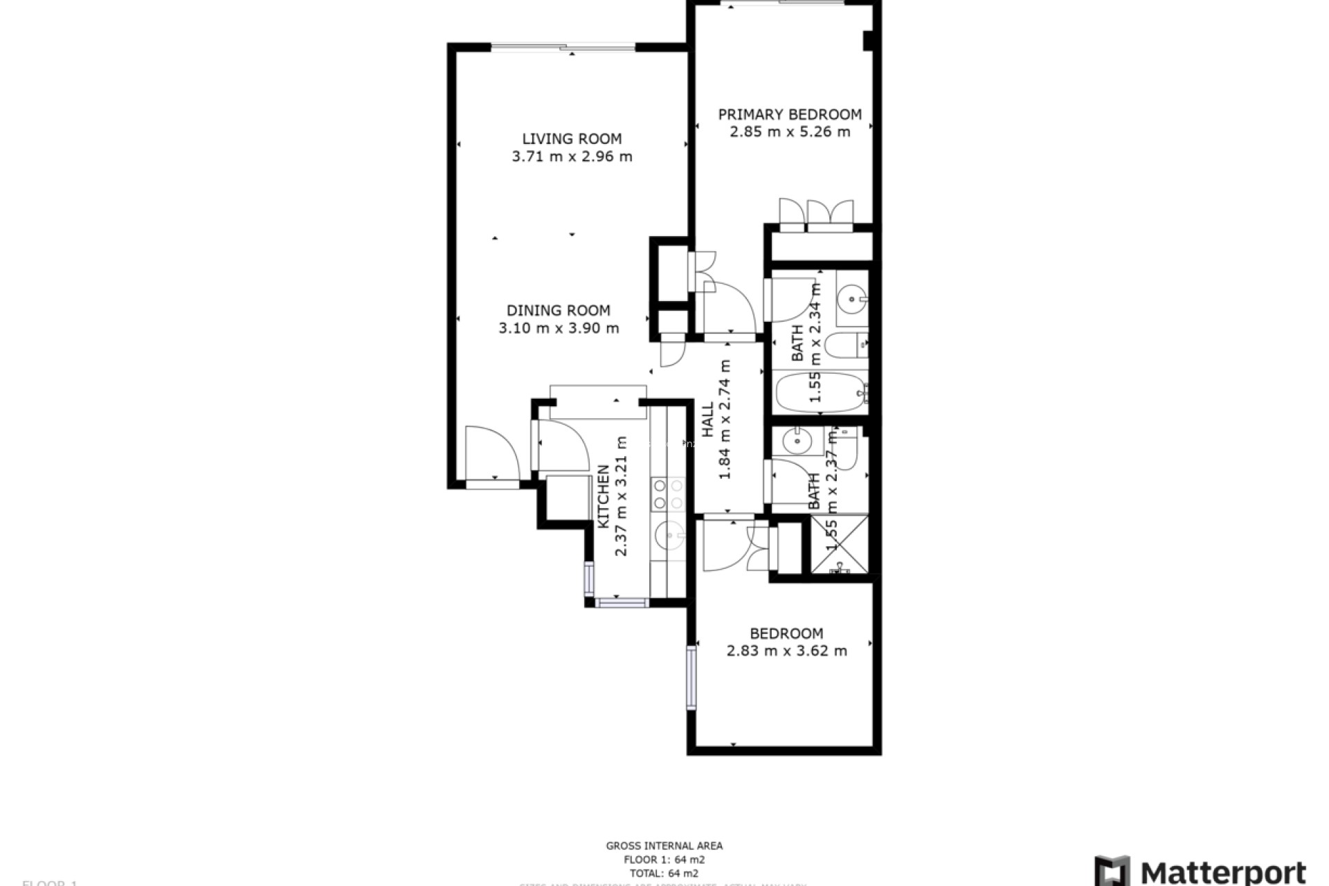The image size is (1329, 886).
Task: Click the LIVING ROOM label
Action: tap(572, 138)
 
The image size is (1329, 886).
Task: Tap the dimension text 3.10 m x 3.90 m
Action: tap(559, 328)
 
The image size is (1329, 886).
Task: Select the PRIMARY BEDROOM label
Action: tap(790, 114)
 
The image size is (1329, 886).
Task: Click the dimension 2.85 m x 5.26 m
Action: tap(790, 132)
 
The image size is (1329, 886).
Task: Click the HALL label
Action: tap(707, 420)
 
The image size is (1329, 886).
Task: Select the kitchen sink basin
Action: tap(669, 534)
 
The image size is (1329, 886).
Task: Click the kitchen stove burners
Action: tap(669, 494)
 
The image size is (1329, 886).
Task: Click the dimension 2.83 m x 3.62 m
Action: tap(786, 651)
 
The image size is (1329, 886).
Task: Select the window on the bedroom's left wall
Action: tap(691, 678)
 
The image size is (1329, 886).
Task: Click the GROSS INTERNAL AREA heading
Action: tap(664, 845)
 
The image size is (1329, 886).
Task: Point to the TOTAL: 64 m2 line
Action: tap(664, 874)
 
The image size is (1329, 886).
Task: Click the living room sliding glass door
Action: tap(563, 48)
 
